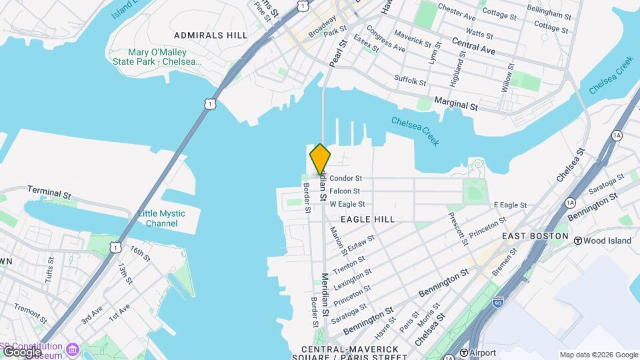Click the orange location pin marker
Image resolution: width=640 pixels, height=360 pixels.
pos(320,159)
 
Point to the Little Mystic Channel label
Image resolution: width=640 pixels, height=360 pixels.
pos(161,218)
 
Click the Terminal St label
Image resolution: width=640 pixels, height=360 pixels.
pos(49,193)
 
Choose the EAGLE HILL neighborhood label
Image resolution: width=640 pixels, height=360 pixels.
pos(367,219)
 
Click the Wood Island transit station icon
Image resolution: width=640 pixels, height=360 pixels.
pos(578,240)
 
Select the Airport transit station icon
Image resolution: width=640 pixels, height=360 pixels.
pos(464,353)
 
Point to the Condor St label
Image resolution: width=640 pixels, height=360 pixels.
pos(345,178)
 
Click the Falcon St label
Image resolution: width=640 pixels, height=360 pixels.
pos(345,191)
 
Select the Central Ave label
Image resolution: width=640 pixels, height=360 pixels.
pos(473,45)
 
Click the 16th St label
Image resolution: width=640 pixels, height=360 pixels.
pos(141,253)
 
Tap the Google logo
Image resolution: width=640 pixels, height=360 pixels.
pos(21,351)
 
